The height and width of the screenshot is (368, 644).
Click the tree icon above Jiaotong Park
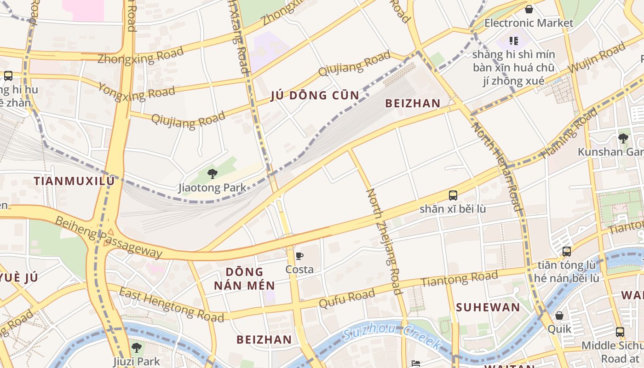[x=212, y=173]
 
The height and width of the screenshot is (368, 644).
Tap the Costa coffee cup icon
[x=299, y=256]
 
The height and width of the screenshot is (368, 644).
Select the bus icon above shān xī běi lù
[x=453, y=195]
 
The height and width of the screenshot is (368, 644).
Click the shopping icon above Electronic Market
[x=529, y=9]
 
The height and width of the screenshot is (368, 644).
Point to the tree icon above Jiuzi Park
[x=136, y=347]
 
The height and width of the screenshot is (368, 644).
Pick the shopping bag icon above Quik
[x=559, y=316]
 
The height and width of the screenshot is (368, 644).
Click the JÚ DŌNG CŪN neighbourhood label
[x=315, y=96]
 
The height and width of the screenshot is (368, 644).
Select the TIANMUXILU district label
[x=74, y=181]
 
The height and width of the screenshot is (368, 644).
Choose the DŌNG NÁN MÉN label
[x=244, y=278]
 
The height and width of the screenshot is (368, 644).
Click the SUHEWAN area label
[x=488, y=307]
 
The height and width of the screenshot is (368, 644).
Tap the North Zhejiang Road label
[x=384, y=241]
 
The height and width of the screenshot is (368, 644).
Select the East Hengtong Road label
[x=172, y=304]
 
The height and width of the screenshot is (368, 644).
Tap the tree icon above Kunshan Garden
[x=623, y=138]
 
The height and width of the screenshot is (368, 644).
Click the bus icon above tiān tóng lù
[x=566, y=252]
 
